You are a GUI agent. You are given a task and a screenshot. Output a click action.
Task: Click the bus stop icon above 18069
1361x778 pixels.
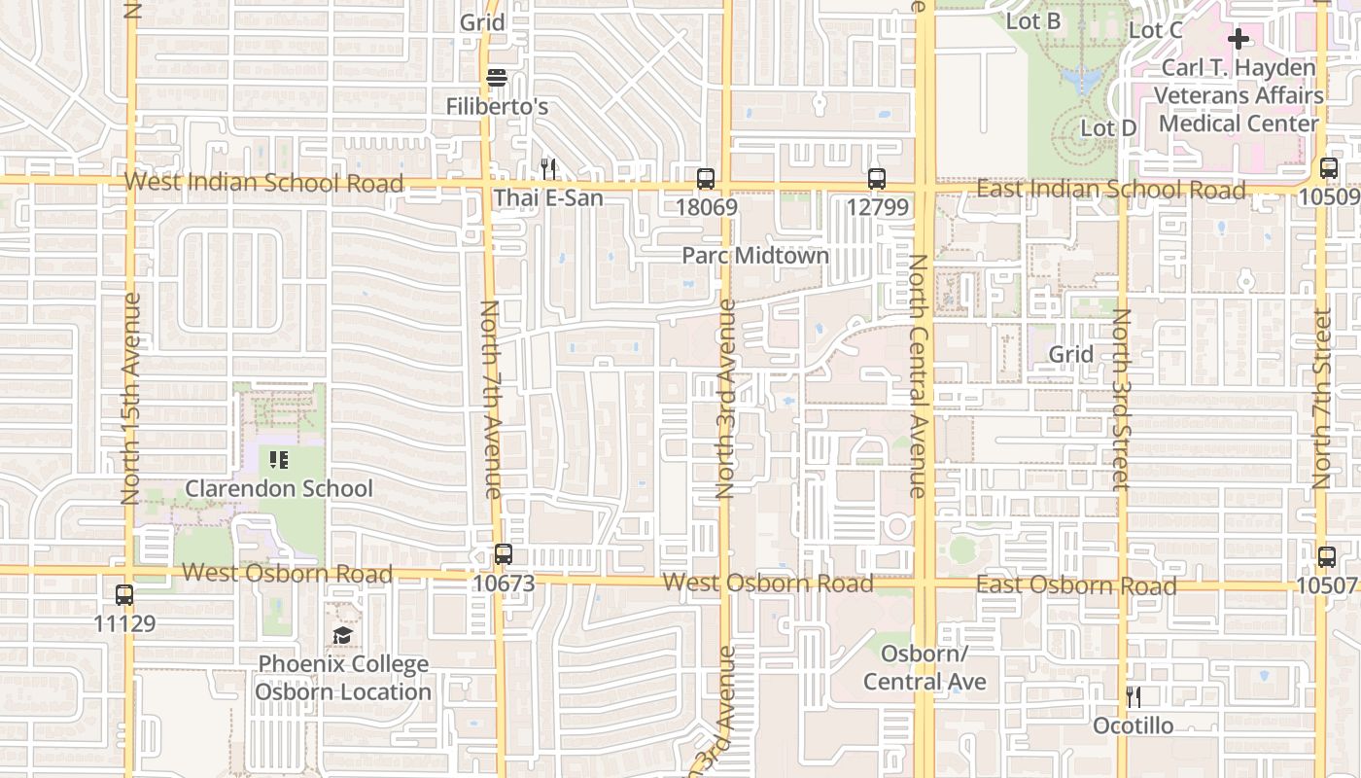(x=706, y=179)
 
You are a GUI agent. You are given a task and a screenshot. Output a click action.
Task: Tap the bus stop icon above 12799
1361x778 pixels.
(x=877, y=179)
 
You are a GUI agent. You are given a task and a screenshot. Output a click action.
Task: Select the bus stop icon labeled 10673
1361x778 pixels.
(x=503, y=555)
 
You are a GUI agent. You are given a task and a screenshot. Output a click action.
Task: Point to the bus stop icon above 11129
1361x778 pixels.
(x=124, y=595)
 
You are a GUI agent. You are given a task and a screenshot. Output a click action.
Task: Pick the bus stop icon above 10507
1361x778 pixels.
(x=1327, y=557)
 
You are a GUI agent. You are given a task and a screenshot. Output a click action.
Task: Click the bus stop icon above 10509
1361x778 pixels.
(x=1329, y=168)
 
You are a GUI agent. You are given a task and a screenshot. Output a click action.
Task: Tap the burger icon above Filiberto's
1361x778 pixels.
(x=497, y=78)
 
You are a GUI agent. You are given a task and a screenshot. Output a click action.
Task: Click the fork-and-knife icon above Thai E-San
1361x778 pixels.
(x=548, y=169)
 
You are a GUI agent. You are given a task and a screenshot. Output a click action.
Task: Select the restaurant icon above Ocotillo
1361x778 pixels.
(x=1133, y=696)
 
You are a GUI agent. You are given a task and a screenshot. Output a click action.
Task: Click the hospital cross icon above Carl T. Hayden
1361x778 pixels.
(x=1238, y=39)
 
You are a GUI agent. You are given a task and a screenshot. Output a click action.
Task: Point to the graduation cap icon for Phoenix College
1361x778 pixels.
(x=342, y=636)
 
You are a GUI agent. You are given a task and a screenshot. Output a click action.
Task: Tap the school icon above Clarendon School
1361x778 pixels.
(x=279, y=459)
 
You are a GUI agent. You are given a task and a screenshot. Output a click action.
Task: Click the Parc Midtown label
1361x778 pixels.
(x=755, y=256)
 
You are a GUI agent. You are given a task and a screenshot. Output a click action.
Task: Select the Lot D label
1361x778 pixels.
(x=1108, y=128)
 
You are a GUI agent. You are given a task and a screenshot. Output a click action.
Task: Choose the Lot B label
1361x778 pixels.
(x=1033, y=20)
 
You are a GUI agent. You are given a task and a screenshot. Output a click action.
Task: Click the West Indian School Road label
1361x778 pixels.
(x=263, y=182)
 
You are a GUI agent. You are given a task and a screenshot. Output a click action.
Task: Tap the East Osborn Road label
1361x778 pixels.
(x=1076, y=585)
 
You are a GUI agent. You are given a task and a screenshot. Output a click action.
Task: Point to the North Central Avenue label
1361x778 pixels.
(x=917, y=375)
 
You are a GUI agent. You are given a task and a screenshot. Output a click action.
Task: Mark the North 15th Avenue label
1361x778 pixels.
(x=131, y=399)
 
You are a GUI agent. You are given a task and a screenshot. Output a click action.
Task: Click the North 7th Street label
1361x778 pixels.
(x=1322, y=399)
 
